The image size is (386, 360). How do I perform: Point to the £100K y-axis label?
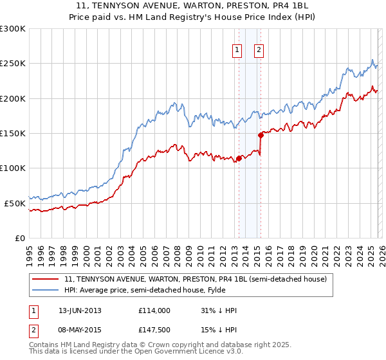point(13,168)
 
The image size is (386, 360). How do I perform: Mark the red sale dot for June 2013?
point(239,158)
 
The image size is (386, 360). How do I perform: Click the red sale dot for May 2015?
point(261,135)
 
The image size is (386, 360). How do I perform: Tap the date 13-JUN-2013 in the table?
point(80,310)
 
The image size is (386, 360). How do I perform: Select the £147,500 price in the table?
point(154,330)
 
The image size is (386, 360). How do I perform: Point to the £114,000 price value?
point(154,310)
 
